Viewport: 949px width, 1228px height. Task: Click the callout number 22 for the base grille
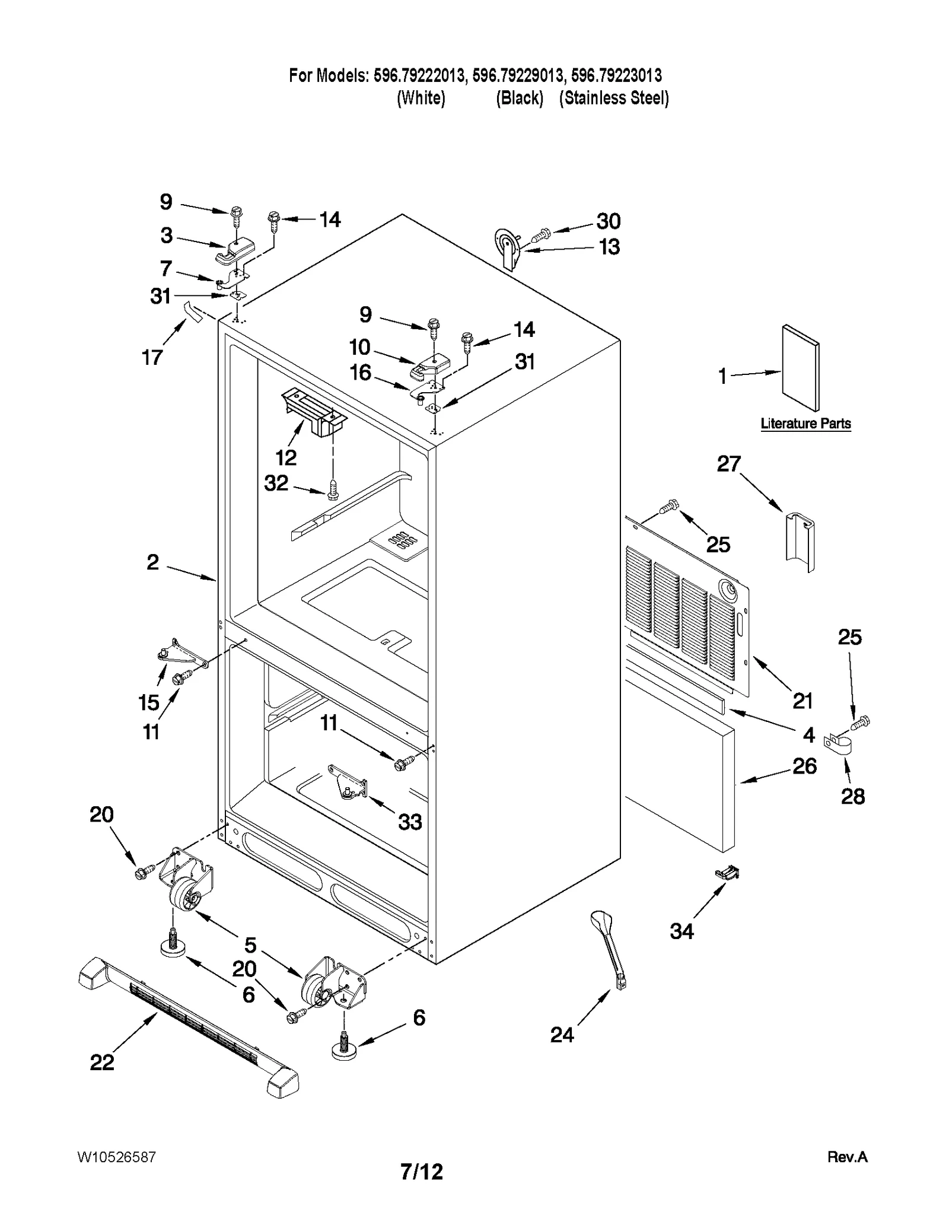[x=101, y=1062]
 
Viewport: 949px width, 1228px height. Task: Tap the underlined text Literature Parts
[x=805, y=424]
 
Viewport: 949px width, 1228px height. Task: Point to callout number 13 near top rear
[x=609, y=247]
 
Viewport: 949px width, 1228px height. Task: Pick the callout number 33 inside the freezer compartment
[x=410, y=822]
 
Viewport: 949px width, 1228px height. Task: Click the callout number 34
[x=682, y=931]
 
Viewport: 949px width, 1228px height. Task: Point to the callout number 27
[x=729, y=463]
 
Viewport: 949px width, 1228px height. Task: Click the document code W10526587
[x=116, y=1157]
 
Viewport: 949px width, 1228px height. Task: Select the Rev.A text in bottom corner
[x=847, y=1157]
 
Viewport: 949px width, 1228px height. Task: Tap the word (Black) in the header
[x=520, y=98]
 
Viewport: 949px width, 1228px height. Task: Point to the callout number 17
[x=152, y=357]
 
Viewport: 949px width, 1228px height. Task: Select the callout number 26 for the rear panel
[x=804, y=766]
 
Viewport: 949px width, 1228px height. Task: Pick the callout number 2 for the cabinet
[x=153, y=562]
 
